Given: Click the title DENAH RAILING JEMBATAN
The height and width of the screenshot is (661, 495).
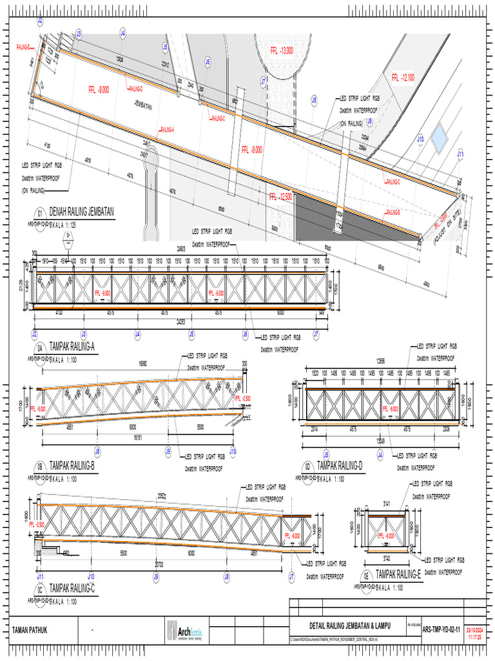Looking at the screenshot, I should click(x=81, y=212).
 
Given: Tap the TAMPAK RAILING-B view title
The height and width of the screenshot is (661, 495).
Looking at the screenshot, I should click(x=72, y=465).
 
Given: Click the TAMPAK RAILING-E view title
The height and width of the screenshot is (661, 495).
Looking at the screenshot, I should click(x=398, y=573).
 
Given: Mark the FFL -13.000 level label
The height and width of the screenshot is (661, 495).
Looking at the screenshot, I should click(x=282, y=50).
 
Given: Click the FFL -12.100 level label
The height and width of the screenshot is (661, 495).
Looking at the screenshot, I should click(x=402, y=77).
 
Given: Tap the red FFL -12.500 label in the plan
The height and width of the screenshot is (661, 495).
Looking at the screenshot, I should click(x=281, y=196).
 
